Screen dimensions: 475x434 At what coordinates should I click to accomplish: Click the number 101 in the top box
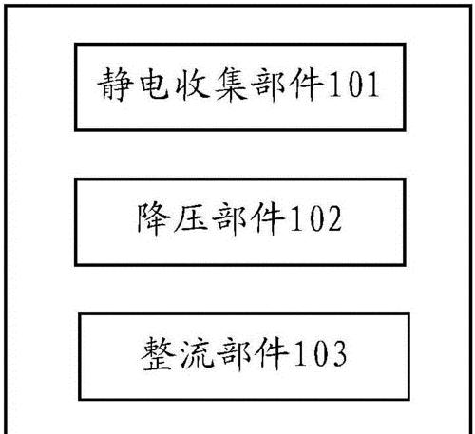[354, 85]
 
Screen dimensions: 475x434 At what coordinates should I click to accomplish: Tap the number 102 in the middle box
[317, 218]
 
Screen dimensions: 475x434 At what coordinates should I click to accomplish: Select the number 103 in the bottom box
[321, 353]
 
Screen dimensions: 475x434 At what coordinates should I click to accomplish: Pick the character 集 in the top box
[231, 85]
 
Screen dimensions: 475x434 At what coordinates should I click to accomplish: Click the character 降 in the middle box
[153, 218]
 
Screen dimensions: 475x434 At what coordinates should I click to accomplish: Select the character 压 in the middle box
[192, 218]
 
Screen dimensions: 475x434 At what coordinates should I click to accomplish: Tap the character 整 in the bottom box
[158, 353]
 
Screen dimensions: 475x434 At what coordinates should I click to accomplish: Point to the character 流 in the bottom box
[197, 353]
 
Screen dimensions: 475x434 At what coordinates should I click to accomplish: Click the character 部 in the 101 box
[270, 85]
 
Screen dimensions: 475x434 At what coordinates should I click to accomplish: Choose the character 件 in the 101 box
[308, 85]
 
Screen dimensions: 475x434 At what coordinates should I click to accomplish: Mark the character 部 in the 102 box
[230, 218]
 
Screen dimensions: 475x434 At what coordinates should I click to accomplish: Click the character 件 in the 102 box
[269, 218]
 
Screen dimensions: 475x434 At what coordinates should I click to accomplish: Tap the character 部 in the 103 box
[235, 353]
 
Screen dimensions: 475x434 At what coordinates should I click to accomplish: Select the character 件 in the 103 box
[274, 353]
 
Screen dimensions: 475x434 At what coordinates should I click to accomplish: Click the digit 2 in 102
[333, 218]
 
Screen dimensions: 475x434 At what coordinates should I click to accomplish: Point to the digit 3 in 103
[338, 354]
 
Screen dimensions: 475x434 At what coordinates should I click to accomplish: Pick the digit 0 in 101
[354, 85]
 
